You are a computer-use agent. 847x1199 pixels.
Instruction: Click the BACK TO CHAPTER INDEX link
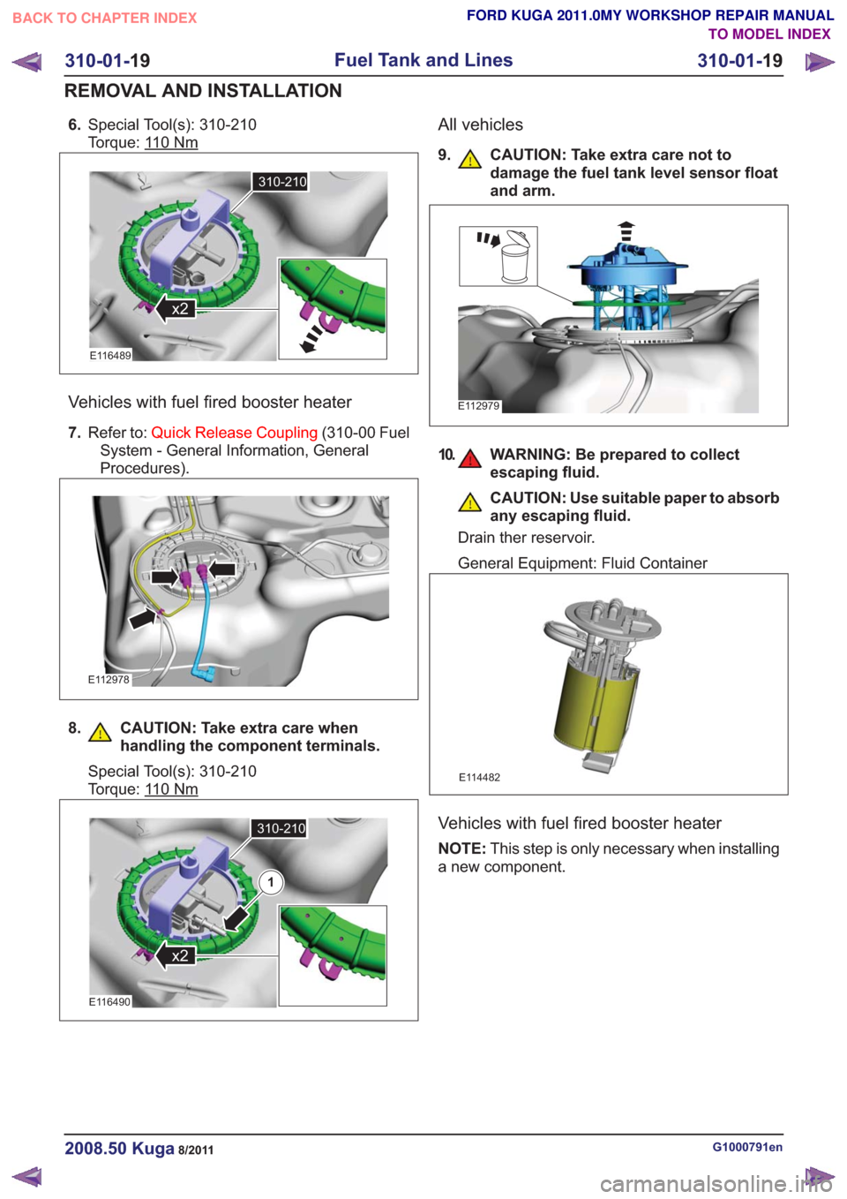104,19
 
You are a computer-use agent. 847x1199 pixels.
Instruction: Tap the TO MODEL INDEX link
769,34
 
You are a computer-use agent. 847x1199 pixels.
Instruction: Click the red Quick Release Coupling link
234,433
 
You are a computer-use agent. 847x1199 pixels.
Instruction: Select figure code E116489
110,356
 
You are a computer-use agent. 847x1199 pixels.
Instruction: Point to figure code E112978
109,680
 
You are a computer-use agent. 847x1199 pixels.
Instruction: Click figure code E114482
479,778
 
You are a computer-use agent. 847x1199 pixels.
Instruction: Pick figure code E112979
478,406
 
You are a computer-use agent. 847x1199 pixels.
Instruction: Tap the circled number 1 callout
271,882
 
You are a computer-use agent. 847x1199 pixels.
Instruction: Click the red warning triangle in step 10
469,459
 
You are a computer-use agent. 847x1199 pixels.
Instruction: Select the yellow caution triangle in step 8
100,733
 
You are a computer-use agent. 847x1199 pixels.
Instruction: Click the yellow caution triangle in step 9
469,160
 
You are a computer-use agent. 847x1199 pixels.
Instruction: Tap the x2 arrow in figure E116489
173,309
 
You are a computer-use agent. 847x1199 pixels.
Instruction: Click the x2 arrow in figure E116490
173,955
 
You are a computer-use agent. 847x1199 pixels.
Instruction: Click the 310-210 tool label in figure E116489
281,182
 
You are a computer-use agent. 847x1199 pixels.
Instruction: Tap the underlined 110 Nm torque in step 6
171,143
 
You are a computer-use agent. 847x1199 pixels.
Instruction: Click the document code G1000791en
747,1147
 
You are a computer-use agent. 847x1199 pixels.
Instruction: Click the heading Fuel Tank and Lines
423,60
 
